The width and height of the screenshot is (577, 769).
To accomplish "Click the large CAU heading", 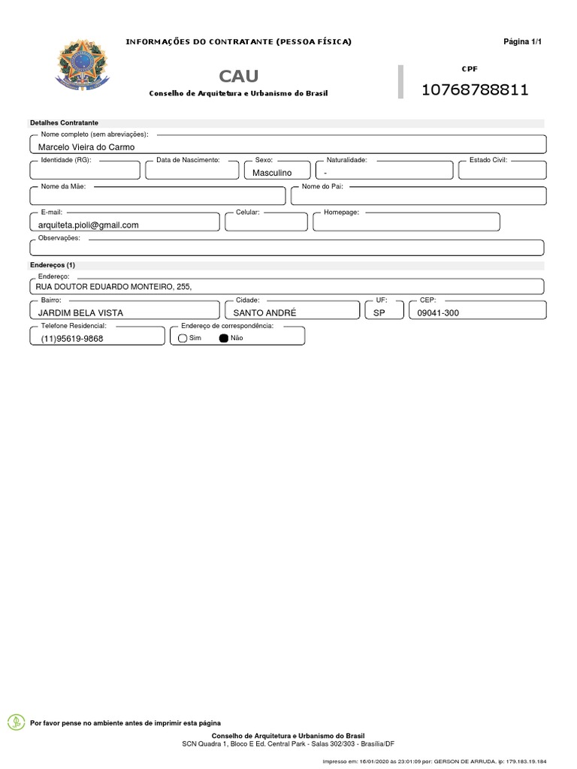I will tap(238, 76).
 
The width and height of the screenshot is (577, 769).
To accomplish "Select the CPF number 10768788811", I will tap(475, 90).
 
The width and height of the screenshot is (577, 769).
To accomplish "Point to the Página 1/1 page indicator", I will tap(522, 41).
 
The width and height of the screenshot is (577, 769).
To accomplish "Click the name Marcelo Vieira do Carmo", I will tap(86, 147).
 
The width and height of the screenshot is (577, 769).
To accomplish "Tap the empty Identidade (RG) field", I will tap(85, 172).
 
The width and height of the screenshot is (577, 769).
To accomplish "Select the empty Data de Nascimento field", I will tap(192, 172).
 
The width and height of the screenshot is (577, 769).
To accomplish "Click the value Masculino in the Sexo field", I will tap(272, 173).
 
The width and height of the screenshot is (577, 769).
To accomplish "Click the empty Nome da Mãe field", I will tap(158, 198).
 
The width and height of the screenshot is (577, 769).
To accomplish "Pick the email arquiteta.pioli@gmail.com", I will tap(89, 225).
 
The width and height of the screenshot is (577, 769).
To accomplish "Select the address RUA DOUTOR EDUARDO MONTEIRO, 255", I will tap(115, 287).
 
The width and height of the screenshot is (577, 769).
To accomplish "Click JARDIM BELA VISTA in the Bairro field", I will tap(80, 312).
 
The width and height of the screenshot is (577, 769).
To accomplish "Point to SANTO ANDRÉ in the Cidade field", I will tap(264, 312).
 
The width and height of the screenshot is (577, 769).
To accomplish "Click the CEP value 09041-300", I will tap(434, 312).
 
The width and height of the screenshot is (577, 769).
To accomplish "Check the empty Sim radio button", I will tap(183, 339).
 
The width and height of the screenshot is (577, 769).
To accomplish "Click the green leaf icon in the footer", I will tap(15, 722).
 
